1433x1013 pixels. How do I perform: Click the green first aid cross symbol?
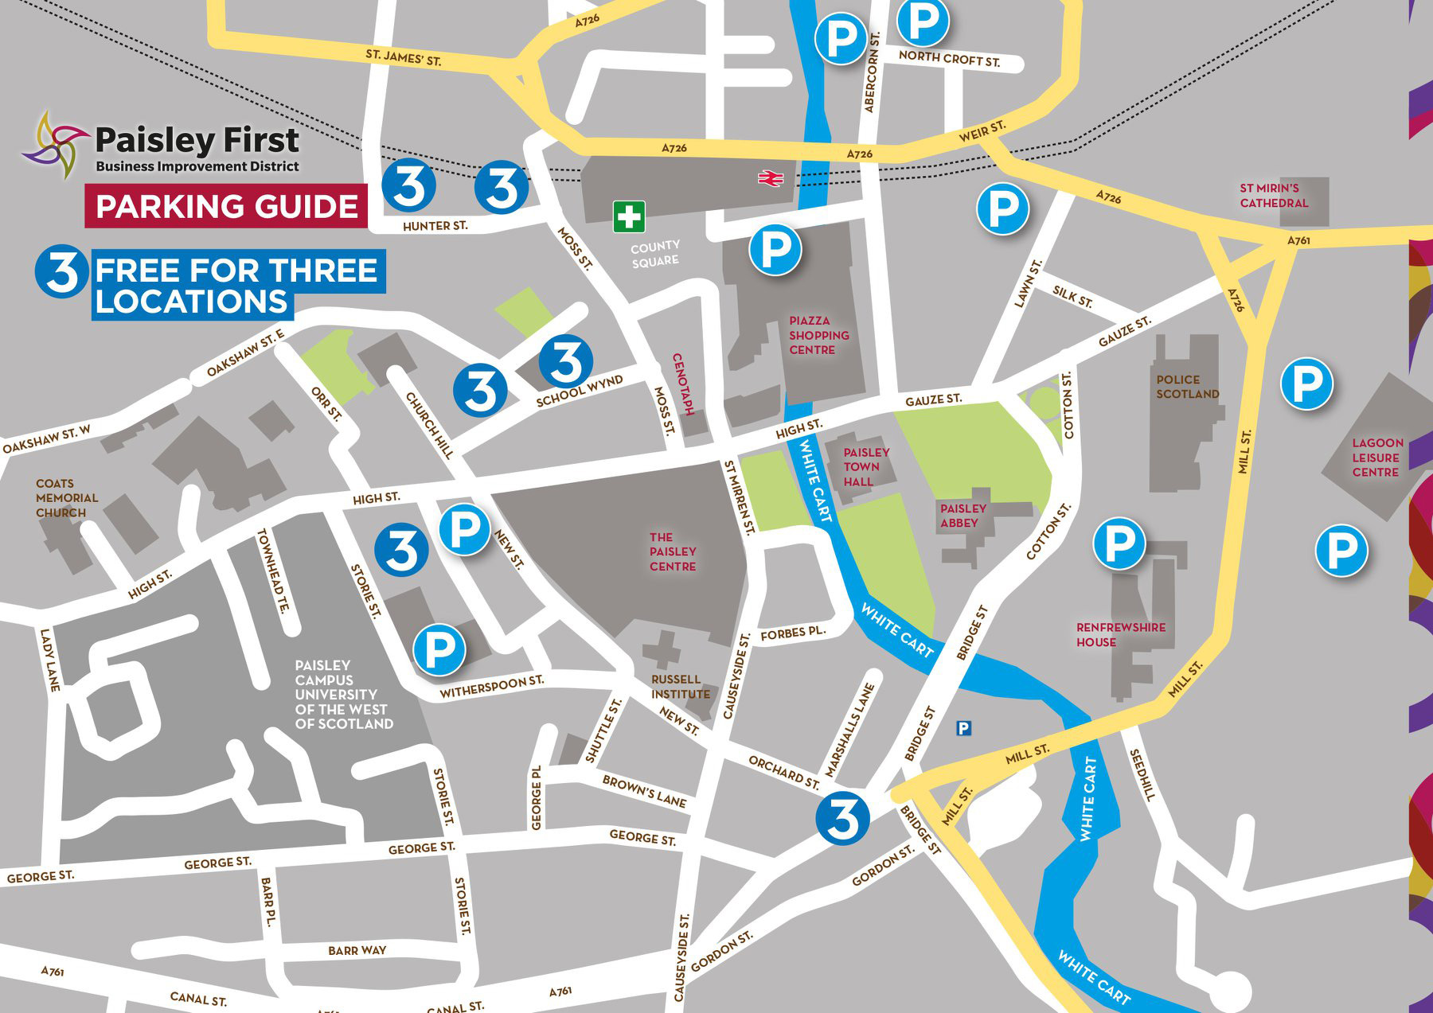[x=629, y=216]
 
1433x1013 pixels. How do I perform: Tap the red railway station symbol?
[x=770, y=178]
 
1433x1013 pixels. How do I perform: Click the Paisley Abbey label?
[x=962, y=515]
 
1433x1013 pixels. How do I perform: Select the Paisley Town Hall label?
[x=866, y=466]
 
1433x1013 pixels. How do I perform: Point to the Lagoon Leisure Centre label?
[x=1376, y=457]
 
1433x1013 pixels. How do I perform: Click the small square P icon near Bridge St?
[x=963, y=727]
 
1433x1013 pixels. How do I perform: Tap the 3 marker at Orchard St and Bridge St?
[x=842, y=818]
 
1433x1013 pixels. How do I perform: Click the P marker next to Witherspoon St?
[x=439, y=650]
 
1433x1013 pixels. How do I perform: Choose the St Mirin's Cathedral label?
[x=1273, y=195]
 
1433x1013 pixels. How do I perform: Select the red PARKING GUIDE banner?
[x=227, y=206]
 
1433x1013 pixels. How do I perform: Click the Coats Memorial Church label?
[x=66, y=497]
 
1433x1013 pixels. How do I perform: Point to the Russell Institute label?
[x=680, y=686]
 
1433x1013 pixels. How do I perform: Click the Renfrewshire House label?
[x=1120, y=634]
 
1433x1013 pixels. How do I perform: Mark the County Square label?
[x=655, y=253]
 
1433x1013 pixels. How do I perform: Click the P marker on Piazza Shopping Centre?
[x=775, y=250]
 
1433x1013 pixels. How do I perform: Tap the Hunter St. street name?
[x=435, y=226]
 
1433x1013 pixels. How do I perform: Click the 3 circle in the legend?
[x=62, y=271]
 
